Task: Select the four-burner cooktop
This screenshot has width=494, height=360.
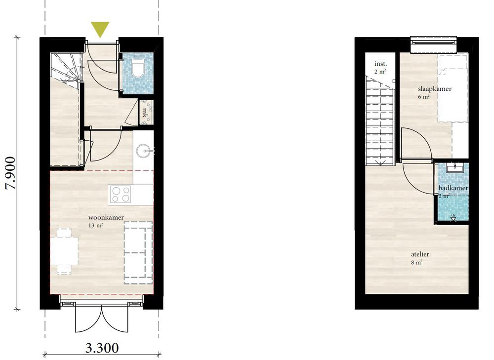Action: tap(120, 195)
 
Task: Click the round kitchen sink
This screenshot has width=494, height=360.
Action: tap(144, 151)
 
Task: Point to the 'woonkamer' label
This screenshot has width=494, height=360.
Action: tap(106, 217)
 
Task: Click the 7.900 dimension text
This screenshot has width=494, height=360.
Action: tap(10, 173)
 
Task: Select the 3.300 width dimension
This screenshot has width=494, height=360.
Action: tap(102, 348)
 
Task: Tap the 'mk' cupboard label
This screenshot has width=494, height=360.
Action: tap(145, 113)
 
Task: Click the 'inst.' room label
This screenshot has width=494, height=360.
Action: tap(380, 64)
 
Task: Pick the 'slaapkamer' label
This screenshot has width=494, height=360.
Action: tap(435, 89)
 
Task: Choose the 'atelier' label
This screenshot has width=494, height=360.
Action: tap(420, 254)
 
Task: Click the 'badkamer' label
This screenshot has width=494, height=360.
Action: tap(453, 188)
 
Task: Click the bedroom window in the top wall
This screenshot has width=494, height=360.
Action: tap(433, 42)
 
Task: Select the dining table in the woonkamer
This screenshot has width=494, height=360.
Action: tap(64, 251)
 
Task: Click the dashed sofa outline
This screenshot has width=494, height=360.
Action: tap(138, 253)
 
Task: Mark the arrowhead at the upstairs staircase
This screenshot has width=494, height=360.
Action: tap(380, 163)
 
